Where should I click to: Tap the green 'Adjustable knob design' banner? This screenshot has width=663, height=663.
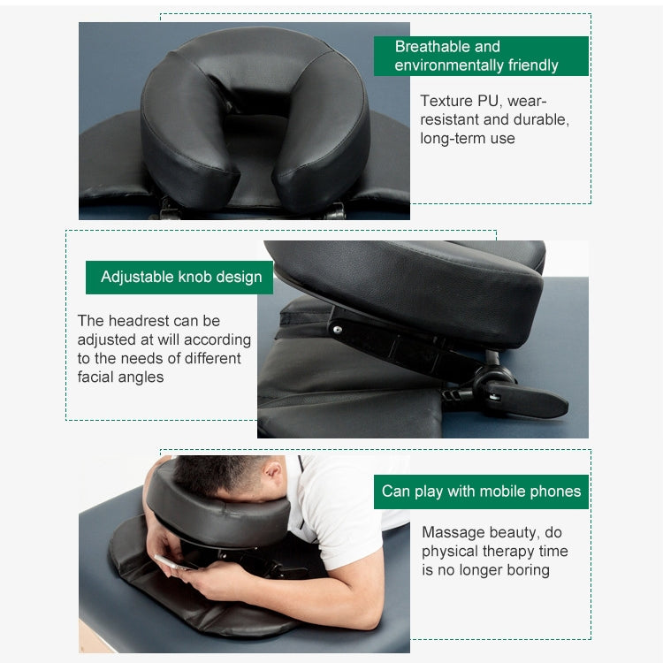pyautogui.click(x=180, y=277)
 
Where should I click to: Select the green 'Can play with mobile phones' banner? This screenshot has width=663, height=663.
pyautogui.click(x=481, y=492)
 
